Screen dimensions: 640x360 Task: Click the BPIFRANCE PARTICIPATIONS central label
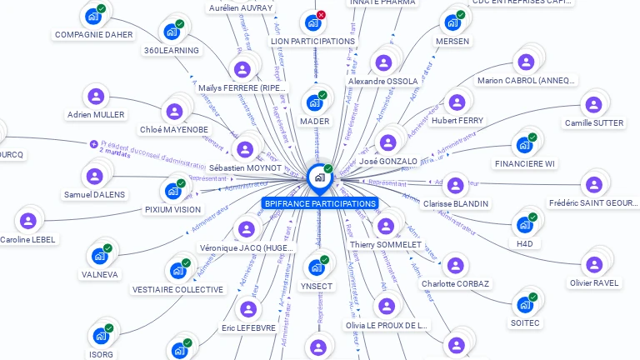319,203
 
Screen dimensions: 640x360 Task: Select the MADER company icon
314,102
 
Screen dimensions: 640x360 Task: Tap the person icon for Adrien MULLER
95,97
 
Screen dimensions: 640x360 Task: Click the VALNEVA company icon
99,256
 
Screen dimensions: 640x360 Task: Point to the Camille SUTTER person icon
593,105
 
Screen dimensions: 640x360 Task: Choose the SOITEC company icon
525,304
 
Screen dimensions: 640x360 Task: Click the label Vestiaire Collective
177,289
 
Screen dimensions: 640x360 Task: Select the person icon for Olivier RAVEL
594,265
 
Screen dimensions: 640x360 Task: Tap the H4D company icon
524,225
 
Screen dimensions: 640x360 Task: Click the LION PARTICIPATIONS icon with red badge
312,22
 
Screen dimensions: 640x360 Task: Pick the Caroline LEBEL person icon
27,221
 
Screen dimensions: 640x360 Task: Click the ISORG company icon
101,336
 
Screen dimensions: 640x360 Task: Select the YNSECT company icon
316,267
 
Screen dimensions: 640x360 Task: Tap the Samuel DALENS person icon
94,176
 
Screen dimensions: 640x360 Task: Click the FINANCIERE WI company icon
524,145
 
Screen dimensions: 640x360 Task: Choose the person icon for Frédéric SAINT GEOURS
593,184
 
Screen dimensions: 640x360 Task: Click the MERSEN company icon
452,22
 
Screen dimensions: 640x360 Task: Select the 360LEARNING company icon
172,32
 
